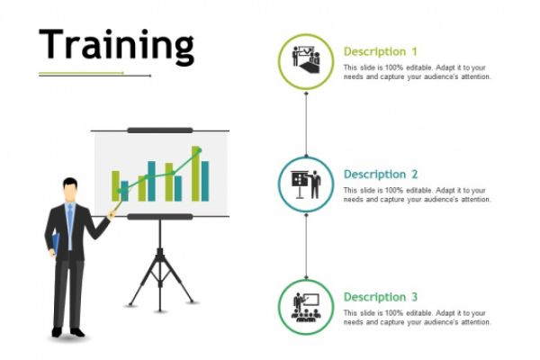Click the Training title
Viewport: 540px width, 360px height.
click(x=117, y=46)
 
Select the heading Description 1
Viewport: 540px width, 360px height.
click(x=381, y=51)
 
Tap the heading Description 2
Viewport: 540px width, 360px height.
click(x=381, y=175)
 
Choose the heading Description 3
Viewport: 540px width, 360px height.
click(x=381, y=297)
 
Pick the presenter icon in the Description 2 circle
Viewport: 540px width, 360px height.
click(x=306, y=184)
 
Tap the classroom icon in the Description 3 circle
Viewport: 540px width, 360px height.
click(x=306, y=307)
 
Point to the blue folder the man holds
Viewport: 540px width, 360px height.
click(x=56, y=244)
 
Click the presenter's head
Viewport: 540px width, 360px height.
click(x=70, y=190)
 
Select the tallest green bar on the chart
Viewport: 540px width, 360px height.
click(x=195, y=174)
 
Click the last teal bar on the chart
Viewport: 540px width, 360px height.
click(x=205, y=181)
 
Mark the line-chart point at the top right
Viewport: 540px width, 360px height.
click(x=199, y=150)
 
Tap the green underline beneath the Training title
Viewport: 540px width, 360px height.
click(x=81, y=73)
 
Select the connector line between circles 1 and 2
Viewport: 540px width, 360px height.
click(x=306, y=124)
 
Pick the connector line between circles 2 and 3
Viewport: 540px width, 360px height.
click(x=306, y=247)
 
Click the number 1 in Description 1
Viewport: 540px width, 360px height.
click(x=414, y=51)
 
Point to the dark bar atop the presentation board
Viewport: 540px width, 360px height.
click(x=160, y=130)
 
